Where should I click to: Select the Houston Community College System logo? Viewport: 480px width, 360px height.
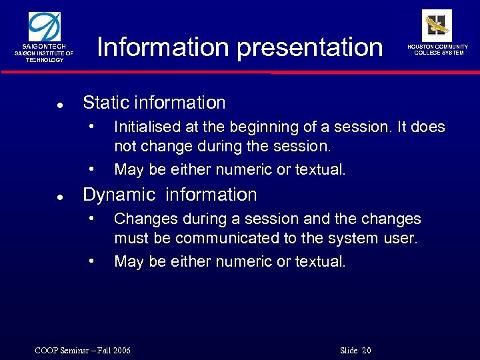point(437,25)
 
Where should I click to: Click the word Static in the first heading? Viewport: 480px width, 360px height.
point(105,103)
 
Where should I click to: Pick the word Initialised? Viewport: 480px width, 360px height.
point(147,127)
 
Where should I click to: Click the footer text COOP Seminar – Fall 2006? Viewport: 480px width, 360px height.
point(83,351)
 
